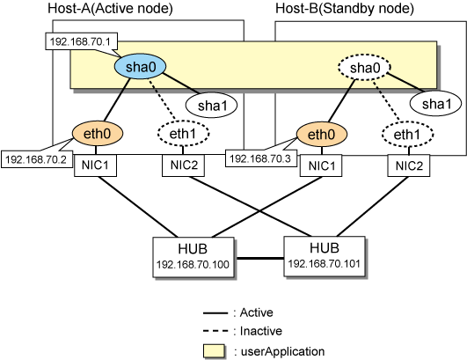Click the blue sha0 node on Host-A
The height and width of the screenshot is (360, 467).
(x=140, y=67)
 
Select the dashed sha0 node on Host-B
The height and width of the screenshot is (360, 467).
(x=364, y=68)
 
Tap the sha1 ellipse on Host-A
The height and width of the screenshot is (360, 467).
(x=211, y=105)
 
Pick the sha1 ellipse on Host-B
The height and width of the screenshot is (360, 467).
(x=435, y=104)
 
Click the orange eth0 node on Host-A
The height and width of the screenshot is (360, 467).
(x=98, y=133)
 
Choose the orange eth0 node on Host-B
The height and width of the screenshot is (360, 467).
(x=322, y=134)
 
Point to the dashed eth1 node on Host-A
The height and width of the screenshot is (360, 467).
(x=183, y=133)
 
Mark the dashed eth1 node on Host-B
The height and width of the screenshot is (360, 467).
(x=407, y=134)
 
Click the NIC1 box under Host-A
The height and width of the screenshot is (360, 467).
(x=95, y=165)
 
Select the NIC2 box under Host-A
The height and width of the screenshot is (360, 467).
(x=184, y=165)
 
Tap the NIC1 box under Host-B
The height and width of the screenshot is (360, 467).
(x=321, y=165)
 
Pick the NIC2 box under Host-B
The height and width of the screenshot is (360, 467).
(x=409, y=165)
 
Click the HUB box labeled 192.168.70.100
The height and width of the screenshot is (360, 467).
(x=193, y=257)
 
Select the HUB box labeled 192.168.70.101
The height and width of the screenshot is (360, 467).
(x=325, y=256)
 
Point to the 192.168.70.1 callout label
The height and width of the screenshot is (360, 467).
(x=81, y=41)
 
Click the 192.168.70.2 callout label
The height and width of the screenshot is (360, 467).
(x=37, y=159)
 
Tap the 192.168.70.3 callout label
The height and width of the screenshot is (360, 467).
(x=261, y=158)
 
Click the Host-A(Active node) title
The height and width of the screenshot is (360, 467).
(x=110, y=8)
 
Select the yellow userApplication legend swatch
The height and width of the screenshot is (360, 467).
(x=214, y=351)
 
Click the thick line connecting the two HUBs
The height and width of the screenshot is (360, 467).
(x=259, y=258)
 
